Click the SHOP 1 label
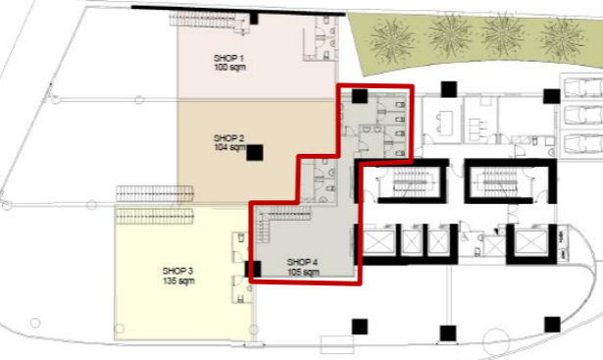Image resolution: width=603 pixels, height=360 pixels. pyautogui.click(x=228, y=58)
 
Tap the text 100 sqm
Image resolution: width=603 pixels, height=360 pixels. pyautogui.click(x=228, y=67)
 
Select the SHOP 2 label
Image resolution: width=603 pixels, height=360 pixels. pyautogui.click(x=228, y=137)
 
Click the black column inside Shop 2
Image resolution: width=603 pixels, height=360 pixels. pyautogui.click(x=255, y=152)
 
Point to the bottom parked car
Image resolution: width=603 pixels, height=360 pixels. pyautogui.click(x=581, y=143)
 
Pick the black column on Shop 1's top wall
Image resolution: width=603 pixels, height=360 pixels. pyautogui.click(x=254, y=18)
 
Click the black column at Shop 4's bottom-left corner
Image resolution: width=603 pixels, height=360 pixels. pyautogui.click(x=254, y=268)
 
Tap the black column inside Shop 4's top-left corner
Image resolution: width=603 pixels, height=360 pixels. pyautogui.click(x=360, y=96)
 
